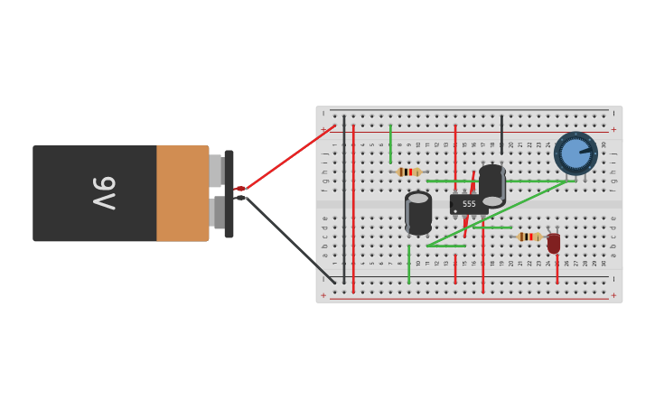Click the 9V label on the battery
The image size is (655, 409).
tap(104, 193)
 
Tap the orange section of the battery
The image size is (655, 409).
tap(182, 193)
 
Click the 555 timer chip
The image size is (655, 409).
tap(469, 205)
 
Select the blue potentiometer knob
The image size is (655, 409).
tap(575, 153)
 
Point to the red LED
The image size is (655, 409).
tap(554, 242)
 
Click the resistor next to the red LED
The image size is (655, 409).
tap(529, 237)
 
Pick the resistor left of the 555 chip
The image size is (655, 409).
tap(409, 172)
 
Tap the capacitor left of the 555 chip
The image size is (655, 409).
tap(418, 213)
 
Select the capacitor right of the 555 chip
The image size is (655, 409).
tap(492, 185)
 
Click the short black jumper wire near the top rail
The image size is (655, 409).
tap(502, 134)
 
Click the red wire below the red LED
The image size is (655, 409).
tap(557, 269)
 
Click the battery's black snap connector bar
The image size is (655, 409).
tap(229, 193)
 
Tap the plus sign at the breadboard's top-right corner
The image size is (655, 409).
tap(614, 129)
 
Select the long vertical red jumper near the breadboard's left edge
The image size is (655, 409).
tap(353, 208)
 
